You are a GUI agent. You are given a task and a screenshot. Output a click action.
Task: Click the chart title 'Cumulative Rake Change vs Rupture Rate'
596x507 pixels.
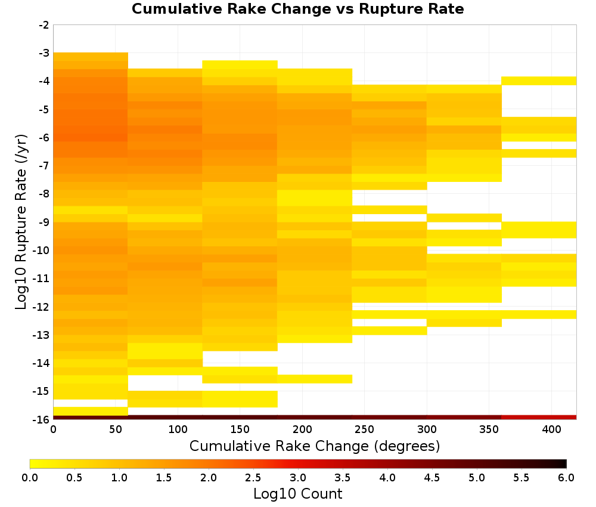tap(297, 9)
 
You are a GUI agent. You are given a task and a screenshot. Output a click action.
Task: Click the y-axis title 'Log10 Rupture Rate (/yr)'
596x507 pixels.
tap(21, 222)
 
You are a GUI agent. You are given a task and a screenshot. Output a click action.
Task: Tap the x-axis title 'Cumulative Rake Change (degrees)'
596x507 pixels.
tap(315, 446)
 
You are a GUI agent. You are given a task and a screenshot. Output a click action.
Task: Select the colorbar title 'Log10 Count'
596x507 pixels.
tap(297, 494)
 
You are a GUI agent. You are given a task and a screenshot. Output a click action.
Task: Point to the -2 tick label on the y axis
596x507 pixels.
tap(44, 25)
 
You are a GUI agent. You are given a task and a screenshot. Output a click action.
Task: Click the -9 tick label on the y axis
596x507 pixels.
tap(44, 222)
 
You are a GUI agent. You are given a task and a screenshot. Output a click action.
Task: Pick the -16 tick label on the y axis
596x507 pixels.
tap(42, 419)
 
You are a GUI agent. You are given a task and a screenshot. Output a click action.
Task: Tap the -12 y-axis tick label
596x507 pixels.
tap(42, 307)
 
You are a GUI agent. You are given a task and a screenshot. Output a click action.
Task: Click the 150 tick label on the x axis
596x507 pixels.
tap(240, 429)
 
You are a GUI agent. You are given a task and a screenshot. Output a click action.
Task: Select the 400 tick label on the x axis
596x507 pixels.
tap(551, 429)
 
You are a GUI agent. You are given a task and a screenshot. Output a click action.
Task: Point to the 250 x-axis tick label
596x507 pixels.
tap(365, 429)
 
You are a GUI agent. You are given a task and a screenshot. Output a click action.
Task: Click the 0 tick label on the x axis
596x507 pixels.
tap(53, 429)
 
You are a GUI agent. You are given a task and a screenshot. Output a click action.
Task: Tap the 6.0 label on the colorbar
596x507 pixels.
tap(566, 477)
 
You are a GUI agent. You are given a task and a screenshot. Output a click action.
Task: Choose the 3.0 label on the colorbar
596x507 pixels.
tap(297, 477)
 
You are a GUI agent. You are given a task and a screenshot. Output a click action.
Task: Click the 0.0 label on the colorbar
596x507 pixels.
tap(30, 477)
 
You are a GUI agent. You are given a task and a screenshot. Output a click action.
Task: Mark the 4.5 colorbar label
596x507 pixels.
tap(432, 477)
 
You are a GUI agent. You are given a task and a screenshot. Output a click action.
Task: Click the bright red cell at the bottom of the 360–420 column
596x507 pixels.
tap(539, 418)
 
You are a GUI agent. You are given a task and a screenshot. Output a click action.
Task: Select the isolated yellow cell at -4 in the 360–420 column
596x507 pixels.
tap(539, 81)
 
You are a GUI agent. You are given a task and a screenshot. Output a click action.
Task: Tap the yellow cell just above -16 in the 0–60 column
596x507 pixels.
tap(91, 411)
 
